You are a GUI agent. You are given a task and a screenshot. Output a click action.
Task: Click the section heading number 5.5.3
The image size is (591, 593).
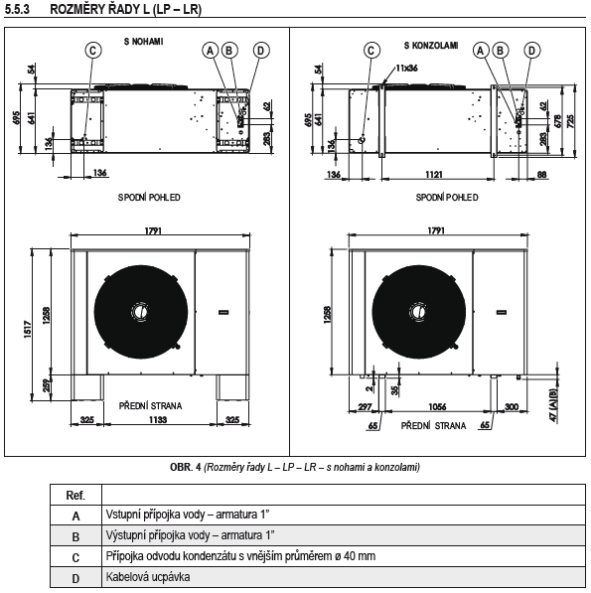coord(21,9)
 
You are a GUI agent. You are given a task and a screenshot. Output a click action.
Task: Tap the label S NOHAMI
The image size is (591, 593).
coord(143,44)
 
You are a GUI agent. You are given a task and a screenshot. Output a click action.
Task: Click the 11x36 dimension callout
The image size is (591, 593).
coord(405,69)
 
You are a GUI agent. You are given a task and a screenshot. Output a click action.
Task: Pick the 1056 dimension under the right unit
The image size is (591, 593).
coord(431,406)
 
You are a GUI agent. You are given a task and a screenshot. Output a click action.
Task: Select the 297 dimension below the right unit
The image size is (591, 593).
coord(364,406)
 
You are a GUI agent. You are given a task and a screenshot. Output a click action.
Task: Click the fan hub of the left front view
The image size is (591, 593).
coord(140,310)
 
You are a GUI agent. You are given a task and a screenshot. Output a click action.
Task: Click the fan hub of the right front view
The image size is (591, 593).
coord(419,310)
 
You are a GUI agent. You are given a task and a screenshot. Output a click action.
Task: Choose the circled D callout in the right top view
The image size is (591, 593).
coord(531,49)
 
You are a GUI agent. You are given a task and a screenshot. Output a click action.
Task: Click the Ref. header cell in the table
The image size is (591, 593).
coord(75,495)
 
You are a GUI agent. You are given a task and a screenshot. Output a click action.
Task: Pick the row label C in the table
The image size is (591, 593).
coord(75,556)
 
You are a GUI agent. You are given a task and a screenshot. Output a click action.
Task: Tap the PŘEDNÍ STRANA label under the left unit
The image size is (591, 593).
coord(149,406)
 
